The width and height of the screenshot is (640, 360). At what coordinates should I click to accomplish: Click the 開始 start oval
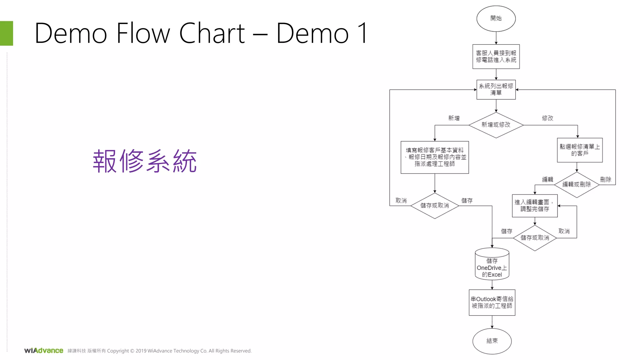(496, 18)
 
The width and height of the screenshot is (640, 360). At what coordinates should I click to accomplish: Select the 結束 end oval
(492, 341)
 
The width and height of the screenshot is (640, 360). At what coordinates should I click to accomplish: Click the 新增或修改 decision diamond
(496, 125)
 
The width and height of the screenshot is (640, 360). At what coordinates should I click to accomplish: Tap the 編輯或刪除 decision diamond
(577, 185)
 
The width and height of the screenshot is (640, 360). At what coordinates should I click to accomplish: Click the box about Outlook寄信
(492, 302)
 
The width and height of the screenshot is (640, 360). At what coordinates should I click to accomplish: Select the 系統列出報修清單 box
(496, 89)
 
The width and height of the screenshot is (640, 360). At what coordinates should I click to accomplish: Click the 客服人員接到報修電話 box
(496, 57)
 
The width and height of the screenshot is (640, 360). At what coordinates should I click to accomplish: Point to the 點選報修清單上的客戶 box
(579, 150)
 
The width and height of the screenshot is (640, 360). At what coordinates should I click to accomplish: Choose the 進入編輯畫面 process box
(534, 206)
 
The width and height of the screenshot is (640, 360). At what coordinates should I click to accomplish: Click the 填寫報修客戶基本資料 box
(434, 157)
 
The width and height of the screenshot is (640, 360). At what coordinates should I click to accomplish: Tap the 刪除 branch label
(605, 180)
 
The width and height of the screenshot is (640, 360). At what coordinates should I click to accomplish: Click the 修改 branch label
(547, 118)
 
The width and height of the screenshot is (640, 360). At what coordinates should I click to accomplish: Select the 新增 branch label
(454, 118)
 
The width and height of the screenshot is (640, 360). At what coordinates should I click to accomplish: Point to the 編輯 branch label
(547, 179)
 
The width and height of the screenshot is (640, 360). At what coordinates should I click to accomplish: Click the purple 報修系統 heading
(145, 162)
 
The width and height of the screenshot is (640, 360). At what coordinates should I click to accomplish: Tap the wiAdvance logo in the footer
(44, 351)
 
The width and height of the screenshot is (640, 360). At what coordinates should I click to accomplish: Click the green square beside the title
(7, 33)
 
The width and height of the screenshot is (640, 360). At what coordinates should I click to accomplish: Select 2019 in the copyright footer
(141, 351)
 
